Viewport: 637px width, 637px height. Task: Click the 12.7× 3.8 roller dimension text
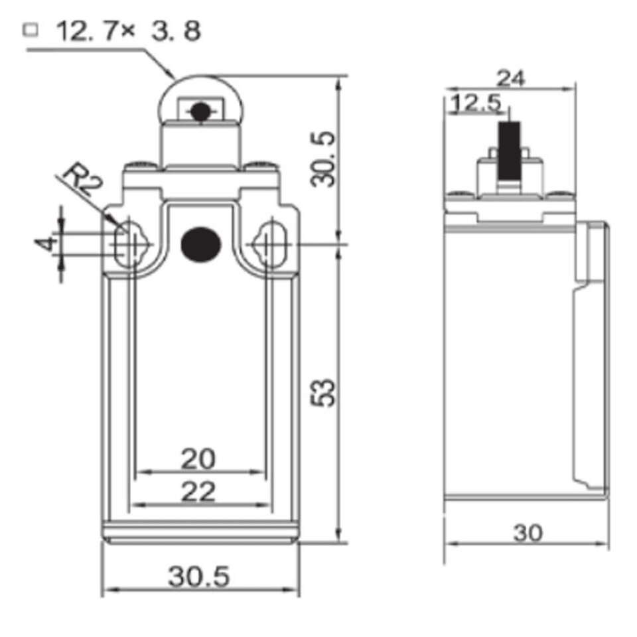pyautogui.click(x=128, y=31)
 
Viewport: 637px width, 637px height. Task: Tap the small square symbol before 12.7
pyautogui.click(x=31, y=30)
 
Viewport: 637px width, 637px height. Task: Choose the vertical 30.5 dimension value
pyautogui.click(x=323, y=159)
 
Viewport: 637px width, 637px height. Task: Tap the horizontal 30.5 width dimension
pyautogui.click(x=198, y=577)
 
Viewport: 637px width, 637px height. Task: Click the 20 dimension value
pyautogui.click(x=198, y=459)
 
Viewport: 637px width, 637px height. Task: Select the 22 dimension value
pyautogui.click(x=198, y=492)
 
